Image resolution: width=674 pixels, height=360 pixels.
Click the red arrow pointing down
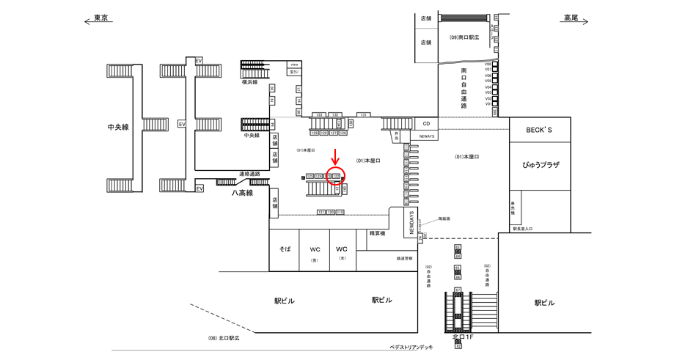[x=336, y=157]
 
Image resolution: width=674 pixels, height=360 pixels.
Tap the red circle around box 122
[x=337, y=176]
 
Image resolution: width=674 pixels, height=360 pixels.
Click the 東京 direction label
[x=102, y=18]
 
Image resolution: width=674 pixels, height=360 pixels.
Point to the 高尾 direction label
[x=571, y=18]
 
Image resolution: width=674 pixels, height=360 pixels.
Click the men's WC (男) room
[x=315, y=251]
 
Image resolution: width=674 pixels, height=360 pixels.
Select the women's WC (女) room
[x=342, y=251]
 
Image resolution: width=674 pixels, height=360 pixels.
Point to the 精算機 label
[x=377, y=234]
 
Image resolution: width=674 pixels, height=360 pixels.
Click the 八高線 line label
[x=242, y=193]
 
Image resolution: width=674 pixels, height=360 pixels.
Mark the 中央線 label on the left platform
[x=117, y=127]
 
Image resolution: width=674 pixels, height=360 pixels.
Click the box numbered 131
[x=363, y=115]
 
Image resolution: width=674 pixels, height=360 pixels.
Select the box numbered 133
[x=319, y=115]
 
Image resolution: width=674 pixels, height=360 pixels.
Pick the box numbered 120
[x=331, y=212]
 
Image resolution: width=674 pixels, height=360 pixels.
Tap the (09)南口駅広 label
[x=464, y=37]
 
